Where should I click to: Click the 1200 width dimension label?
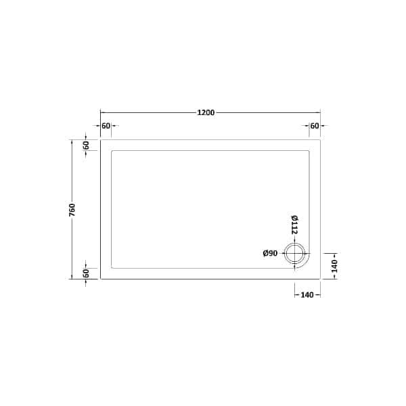point(206,113)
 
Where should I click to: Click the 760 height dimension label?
point(72,210)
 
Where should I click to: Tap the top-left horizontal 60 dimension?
point(106,126)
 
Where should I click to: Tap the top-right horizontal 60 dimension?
point(314,126)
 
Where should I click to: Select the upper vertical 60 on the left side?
point(86,145)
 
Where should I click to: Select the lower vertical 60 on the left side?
point(86,273)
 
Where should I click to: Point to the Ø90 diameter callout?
point(270,254)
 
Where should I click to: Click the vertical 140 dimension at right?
point(334,266)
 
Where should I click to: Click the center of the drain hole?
point(295,254)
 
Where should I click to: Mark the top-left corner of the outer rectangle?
point(100,141)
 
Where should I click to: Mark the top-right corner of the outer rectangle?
point(320,141)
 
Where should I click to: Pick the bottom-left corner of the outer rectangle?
point(100,279)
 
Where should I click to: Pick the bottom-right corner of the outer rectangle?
point(320,279)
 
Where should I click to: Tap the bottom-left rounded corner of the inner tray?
point(112,268)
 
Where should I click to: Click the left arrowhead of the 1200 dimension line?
point(102,113)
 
